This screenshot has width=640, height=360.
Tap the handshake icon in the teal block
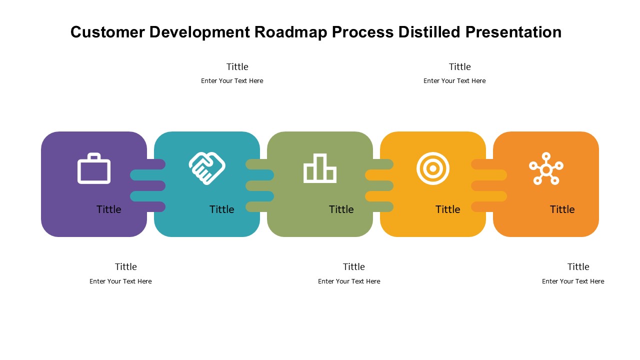pos(207,168)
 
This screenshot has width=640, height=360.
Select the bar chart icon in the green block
pos(320,168)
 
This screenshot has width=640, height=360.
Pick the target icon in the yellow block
pos(433,168)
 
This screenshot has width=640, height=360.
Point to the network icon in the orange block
pos(546,168)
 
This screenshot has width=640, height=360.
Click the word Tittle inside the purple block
pos(109,209)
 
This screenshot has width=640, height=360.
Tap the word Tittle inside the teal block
pos(221,209)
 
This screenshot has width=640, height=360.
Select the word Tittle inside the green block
pos(341,209)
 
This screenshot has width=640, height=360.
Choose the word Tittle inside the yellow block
pos(447,209)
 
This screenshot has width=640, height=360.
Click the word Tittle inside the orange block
pos(562,209)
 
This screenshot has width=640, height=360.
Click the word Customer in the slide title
pos(107,32)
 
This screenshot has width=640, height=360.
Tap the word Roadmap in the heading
pos(291,32)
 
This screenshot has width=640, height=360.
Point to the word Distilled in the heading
pos(429,32)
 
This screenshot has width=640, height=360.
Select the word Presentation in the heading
pos(513,32)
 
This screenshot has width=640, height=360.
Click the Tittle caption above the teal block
pos(237,67)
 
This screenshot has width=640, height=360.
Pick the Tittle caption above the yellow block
pos(459,67)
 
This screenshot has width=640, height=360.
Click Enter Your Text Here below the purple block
pos(120,281)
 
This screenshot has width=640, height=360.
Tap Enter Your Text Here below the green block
pos(349,281)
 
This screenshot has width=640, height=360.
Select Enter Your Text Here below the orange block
pos(573,281)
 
